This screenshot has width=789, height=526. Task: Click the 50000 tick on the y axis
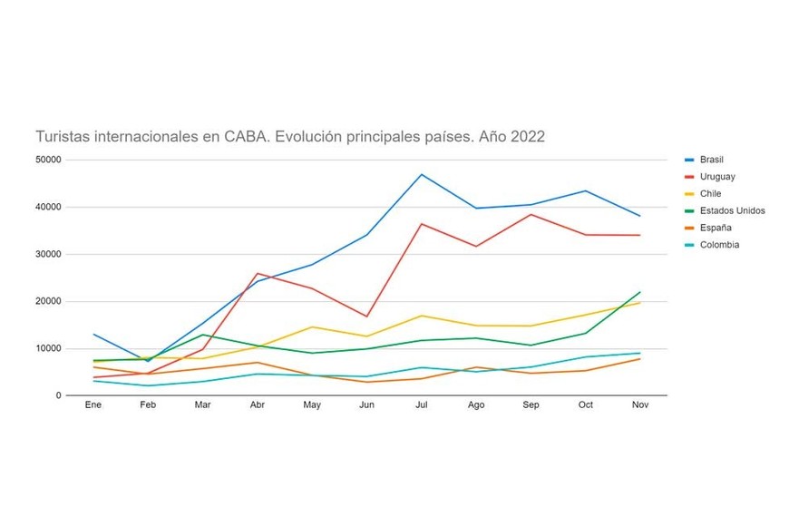click(x=46, y=160)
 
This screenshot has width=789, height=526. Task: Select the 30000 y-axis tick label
click(x=46, y=254)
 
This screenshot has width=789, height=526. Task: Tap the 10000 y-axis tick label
click(x=46, y=348)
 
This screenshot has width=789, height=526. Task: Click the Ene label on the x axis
click(x=93, y=405)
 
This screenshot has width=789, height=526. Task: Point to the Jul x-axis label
click(x=421, y=405)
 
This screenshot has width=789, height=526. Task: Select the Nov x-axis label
click(x=640, y=405)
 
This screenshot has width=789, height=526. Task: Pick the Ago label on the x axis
click(x=476, y=405)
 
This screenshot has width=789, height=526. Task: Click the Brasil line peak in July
click(x=422, y=174)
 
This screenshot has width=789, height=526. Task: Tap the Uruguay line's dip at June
click(x=366, y=317)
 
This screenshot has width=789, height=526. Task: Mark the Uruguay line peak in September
click(x=531, y=214)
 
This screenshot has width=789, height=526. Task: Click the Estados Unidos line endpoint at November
click(x=640, y=292)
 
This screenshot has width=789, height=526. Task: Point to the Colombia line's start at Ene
click(x=93, y=381)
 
